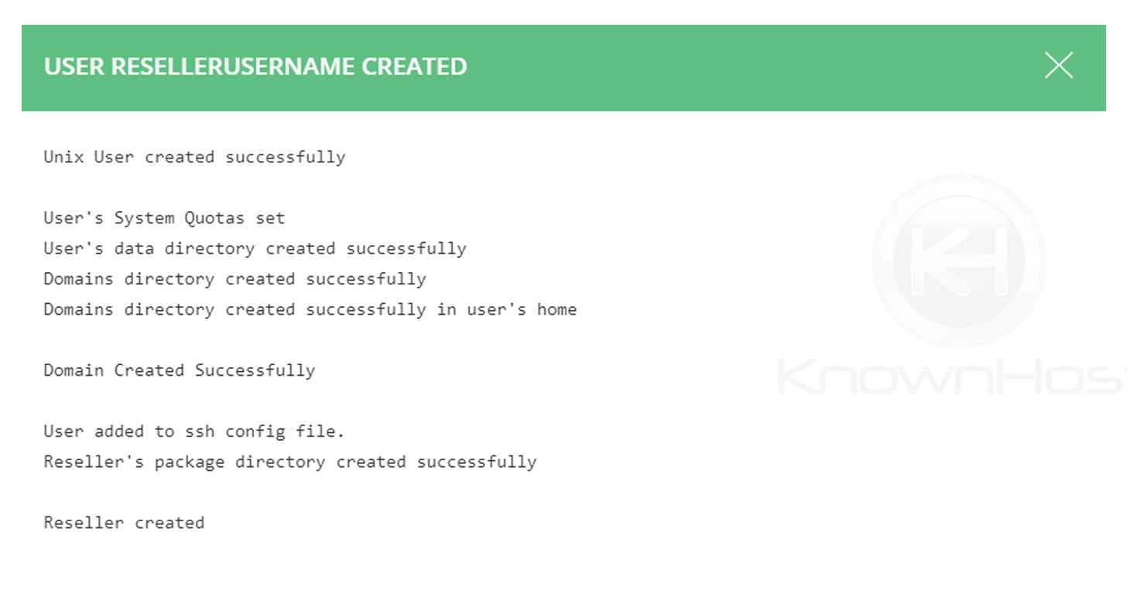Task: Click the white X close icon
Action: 1058,66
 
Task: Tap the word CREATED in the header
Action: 414,67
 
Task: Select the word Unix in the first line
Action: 63,157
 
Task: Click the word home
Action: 557,309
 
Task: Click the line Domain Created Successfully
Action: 179,370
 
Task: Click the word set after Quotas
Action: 270,218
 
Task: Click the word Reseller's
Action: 94,462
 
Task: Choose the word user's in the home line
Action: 497,309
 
